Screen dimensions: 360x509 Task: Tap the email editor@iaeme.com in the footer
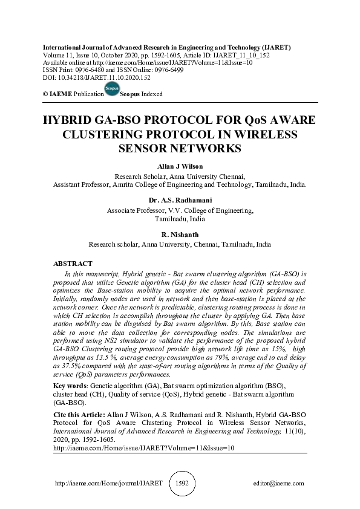click(279, 484)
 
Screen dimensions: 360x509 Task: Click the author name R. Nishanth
click(180, 233)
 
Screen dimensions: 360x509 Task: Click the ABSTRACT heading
click(73, 264)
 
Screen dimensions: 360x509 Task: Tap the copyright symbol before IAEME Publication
click(46, 95)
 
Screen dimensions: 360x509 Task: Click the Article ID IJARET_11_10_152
click(241, 54)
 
